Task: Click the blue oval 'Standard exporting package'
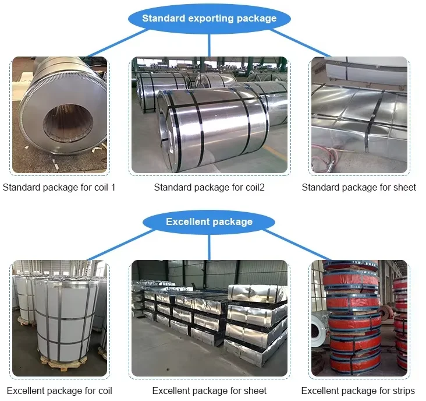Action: pos(210,19)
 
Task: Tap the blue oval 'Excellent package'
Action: pos(210,221)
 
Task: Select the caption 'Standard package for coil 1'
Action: pos(59,188)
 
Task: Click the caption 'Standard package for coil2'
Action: pos(209,188)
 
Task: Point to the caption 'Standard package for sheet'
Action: pos(358,188)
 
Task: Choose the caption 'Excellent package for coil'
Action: pos(59,391)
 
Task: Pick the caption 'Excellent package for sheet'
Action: pos(210,391)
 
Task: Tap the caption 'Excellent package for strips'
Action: pos(358,391)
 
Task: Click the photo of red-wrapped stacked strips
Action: pos(358,318)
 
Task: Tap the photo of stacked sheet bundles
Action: pos(210,318)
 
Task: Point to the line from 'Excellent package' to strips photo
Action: pos(297,245)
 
